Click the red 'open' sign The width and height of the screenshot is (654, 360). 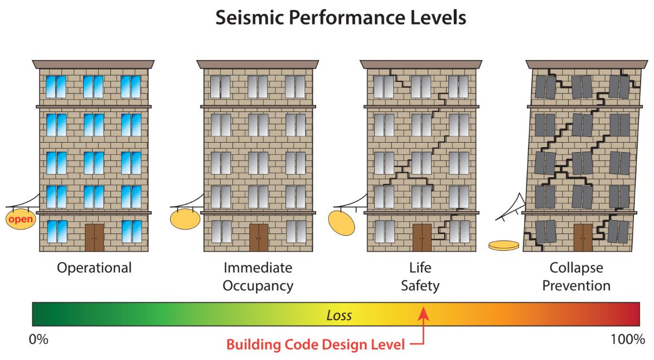[x=21, y=219]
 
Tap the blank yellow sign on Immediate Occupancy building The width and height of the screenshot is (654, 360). [x=185, y=218]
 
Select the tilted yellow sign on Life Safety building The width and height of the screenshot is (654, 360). [x=342, y=222]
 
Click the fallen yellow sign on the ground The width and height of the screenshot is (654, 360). [x=503, y=245]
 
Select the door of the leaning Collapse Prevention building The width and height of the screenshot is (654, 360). [x=583, y=237]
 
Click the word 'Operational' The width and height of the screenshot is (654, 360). [x=94, y=267]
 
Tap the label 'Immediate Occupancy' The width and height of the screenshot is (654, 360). [x=258, y=276]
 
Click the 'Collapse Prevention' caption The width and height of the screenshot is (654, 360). [x=577, y=276]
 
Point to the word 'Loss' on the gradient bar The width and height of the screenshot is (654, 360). [x=339, y=315]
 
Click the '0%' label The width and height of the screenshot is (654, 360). [x=38, y=339]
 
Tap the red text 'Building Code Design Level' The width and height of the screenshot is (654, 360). [x=315, y=345]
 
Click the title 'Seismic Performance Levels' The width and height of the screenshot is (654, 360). [x=340, y=18]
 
